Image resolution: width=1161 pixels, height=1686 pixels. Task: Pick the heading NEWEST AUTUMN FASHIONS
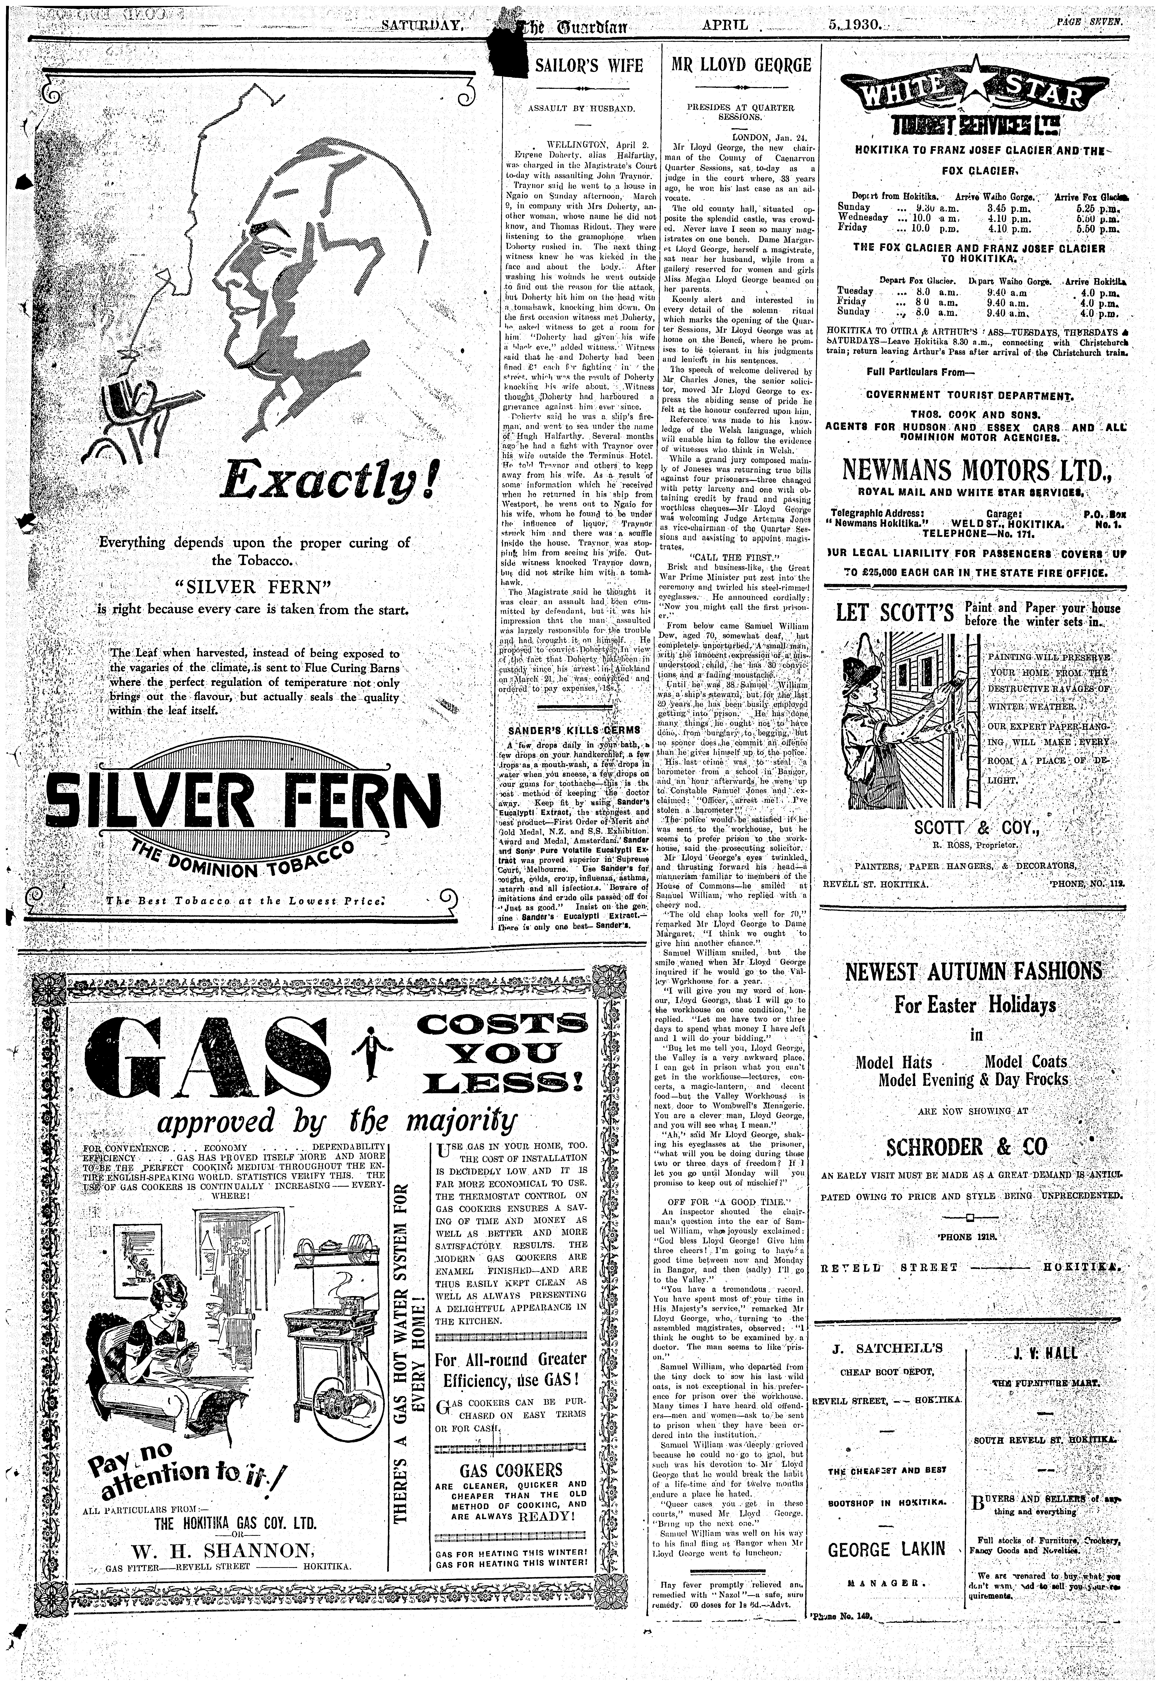(x=973, y=971)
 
